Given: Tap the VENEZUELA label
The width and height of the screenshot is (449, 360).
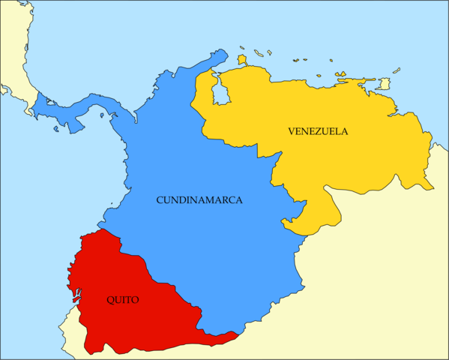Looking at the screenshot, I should click(x=317, y=131).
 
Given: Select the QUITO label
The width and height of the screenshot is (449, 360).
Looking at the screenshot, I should click(x=122, y=300).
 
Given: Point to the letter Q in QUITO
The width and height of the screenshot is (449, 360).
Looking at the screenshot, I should click(x=109, y=300).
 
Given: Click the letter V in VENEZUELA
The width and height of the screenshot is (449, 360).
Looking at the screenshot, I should click(x=291, y=131).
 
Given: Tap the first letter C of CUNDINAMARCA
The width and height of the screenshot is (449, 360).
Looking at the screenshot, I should click(x=160, y=200).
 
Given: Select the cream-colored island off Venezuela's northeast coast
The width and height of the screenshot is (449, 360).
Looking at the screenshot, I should click(x=384, y=84).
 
